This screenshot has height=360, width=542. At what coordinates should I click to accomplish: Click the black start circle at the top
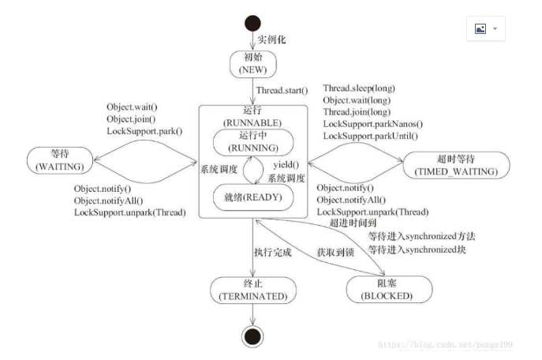pos(252,22)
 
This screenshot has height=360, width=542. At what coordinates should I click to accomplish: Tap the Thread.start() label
pos(282,92)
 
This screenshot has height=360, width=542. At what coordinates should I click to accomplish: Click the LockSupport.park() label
pos(144,130)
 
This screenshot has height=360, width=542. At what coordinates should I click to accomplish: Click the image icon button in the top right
pos(484,28)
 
